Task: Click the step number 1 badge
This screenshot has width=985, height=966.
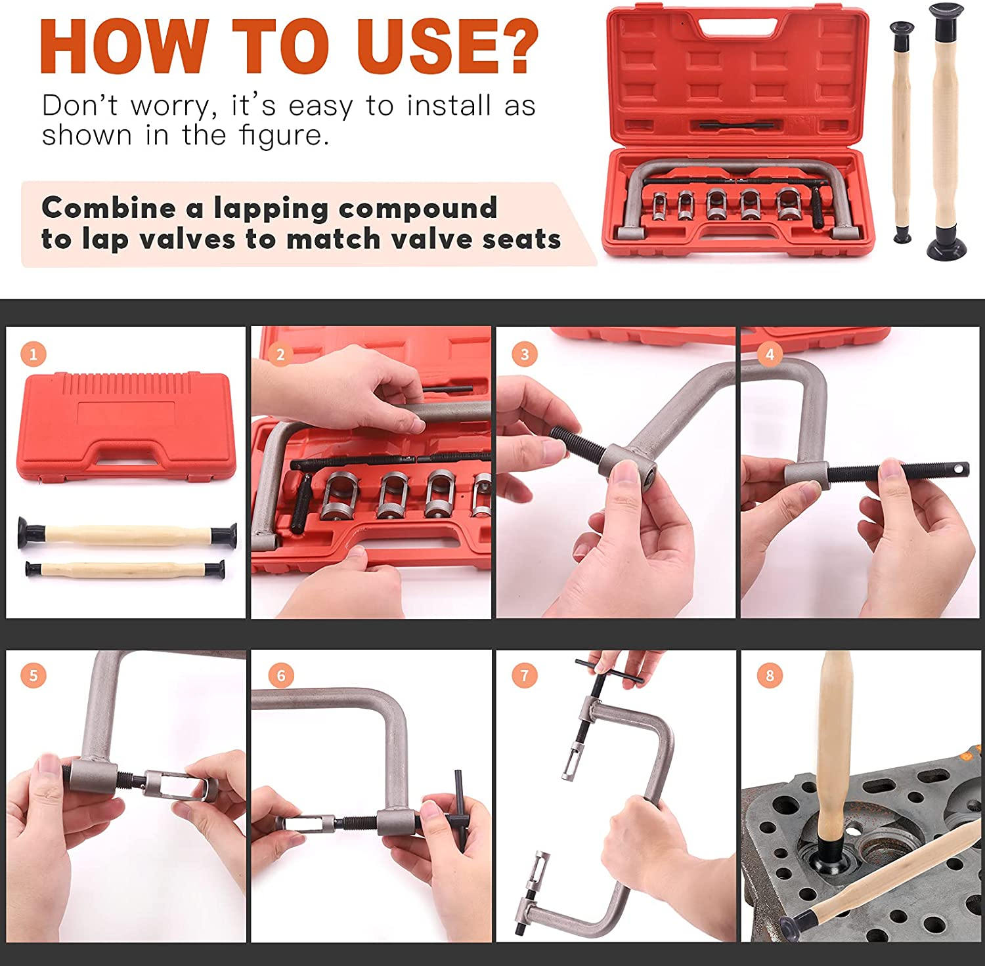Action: click(33, 354)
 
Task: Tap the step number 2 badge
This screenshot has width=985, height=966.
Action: click(280, 354)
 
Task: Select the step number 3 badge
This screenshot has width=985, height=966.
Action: click(525, 354)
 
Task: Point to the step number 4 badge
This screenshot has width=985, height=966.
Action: click(770, 354)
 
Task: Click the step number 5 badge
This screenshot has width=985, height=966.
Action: click(33, 675)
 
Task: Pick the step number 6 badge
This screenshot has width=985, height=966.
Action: click(281, 675)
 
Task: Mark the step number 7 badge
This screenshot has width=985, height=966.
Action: click(525, 675)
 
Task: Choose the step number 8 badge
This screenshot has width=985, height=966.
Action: click(770, 675)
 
